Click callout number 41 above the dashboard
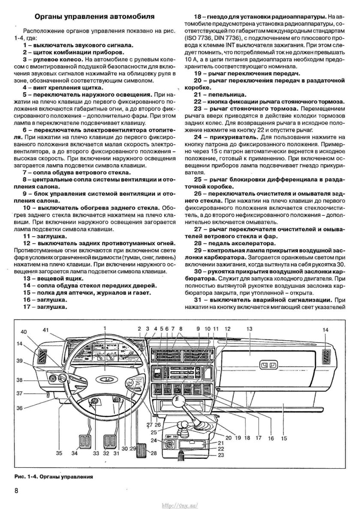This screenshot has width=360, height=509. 46,329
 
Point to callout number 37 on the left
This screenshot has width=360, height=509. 19,393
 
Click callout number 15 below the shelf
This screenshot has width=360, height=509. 284,438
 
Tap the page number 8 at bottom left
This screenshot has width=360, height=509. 16,491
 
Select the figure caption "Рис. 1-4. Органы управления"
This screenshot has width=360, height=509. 54,476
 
